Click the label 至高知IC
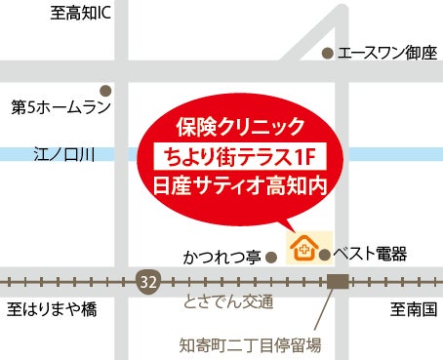[x=84, y=14]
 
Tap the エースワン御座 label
[x=387, y=54]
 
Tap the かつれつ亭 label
[x=221, y=258]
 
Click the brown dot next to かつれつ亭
[x=273, y=258]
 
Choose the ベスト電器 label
[x=369, y=254]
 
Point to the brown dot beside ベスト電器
[x=324, y=254]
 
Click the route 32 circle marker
[x=147, y=281]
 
